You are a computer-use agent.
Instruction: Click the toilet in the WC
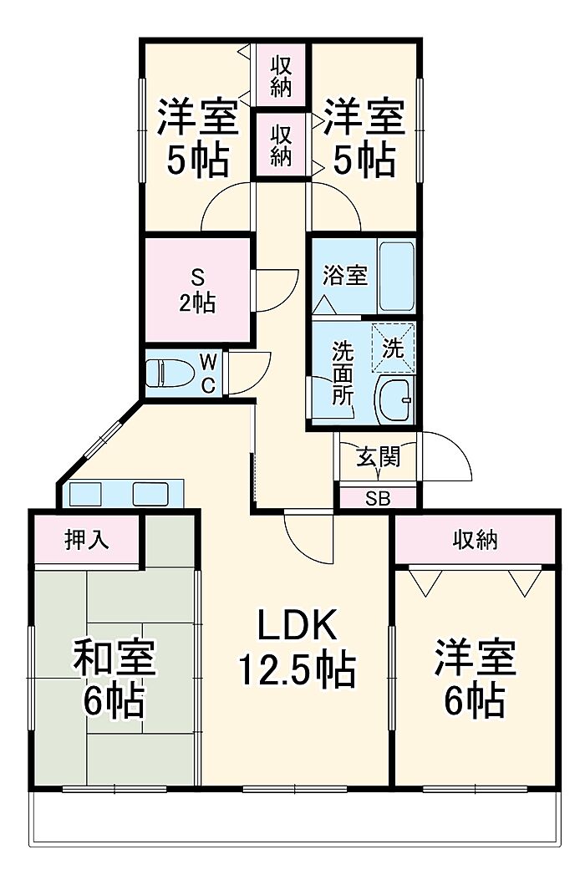(170, 373)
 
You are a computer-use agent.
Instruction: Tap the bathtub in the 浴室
(396, 277)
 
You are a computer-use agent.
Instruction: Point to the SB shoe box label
(378, 499)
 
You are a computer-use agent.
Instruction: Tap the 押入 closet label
(86, 540)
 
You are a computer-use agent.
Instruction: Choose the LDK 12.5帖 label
(297, 647)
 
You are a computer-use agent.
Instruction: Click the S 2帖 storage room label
(197, 290)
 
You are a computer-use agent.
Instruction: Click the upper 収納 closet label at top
(281, 77)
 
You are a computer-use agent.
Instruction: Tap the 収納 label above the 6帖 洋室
(476, 540)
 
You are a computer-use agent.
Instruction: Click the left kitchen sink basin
(85, 494)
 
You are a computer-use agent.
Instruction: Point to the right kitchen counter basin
(150, 494)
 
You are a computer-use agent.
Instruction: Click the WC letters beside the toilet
(208, 373)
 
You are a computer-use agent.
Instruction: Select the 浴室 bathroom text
(345, 275)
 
